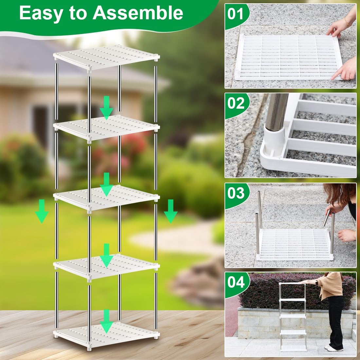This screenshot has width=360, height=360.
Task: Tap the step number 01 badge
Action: (236, 14)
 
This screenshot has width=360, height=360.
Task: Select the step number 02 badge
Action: (236, 103)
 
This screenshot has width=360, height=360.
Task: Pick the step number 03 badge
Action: (236, 193)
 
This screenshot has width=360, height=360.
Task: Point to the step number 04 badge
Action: (236, 282)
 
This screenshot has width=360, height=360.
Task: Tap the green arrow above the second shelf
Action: (106, 107)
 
